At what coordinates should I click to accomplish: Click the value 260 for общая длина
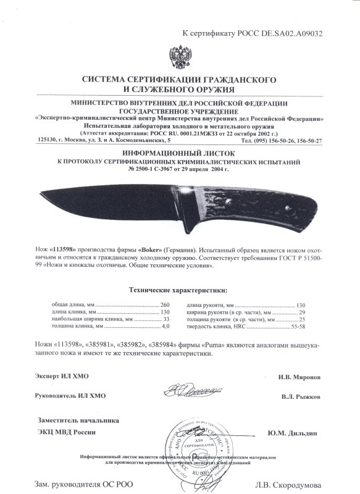click(x=165, y=305)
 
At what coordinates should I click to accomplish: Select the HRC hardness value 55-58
click(x=299, y=327)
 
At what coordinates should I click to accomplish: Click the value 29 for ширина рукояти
click(x=302, y=312)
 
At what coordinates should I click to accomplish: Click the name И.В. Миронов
click(x=299, y=376)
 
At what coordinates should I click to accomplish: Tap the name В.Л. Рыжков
click(x=299, y=395)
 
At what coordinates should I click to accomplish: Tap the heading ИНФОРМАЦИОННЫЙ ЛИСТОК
click(x=180, y=151)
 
